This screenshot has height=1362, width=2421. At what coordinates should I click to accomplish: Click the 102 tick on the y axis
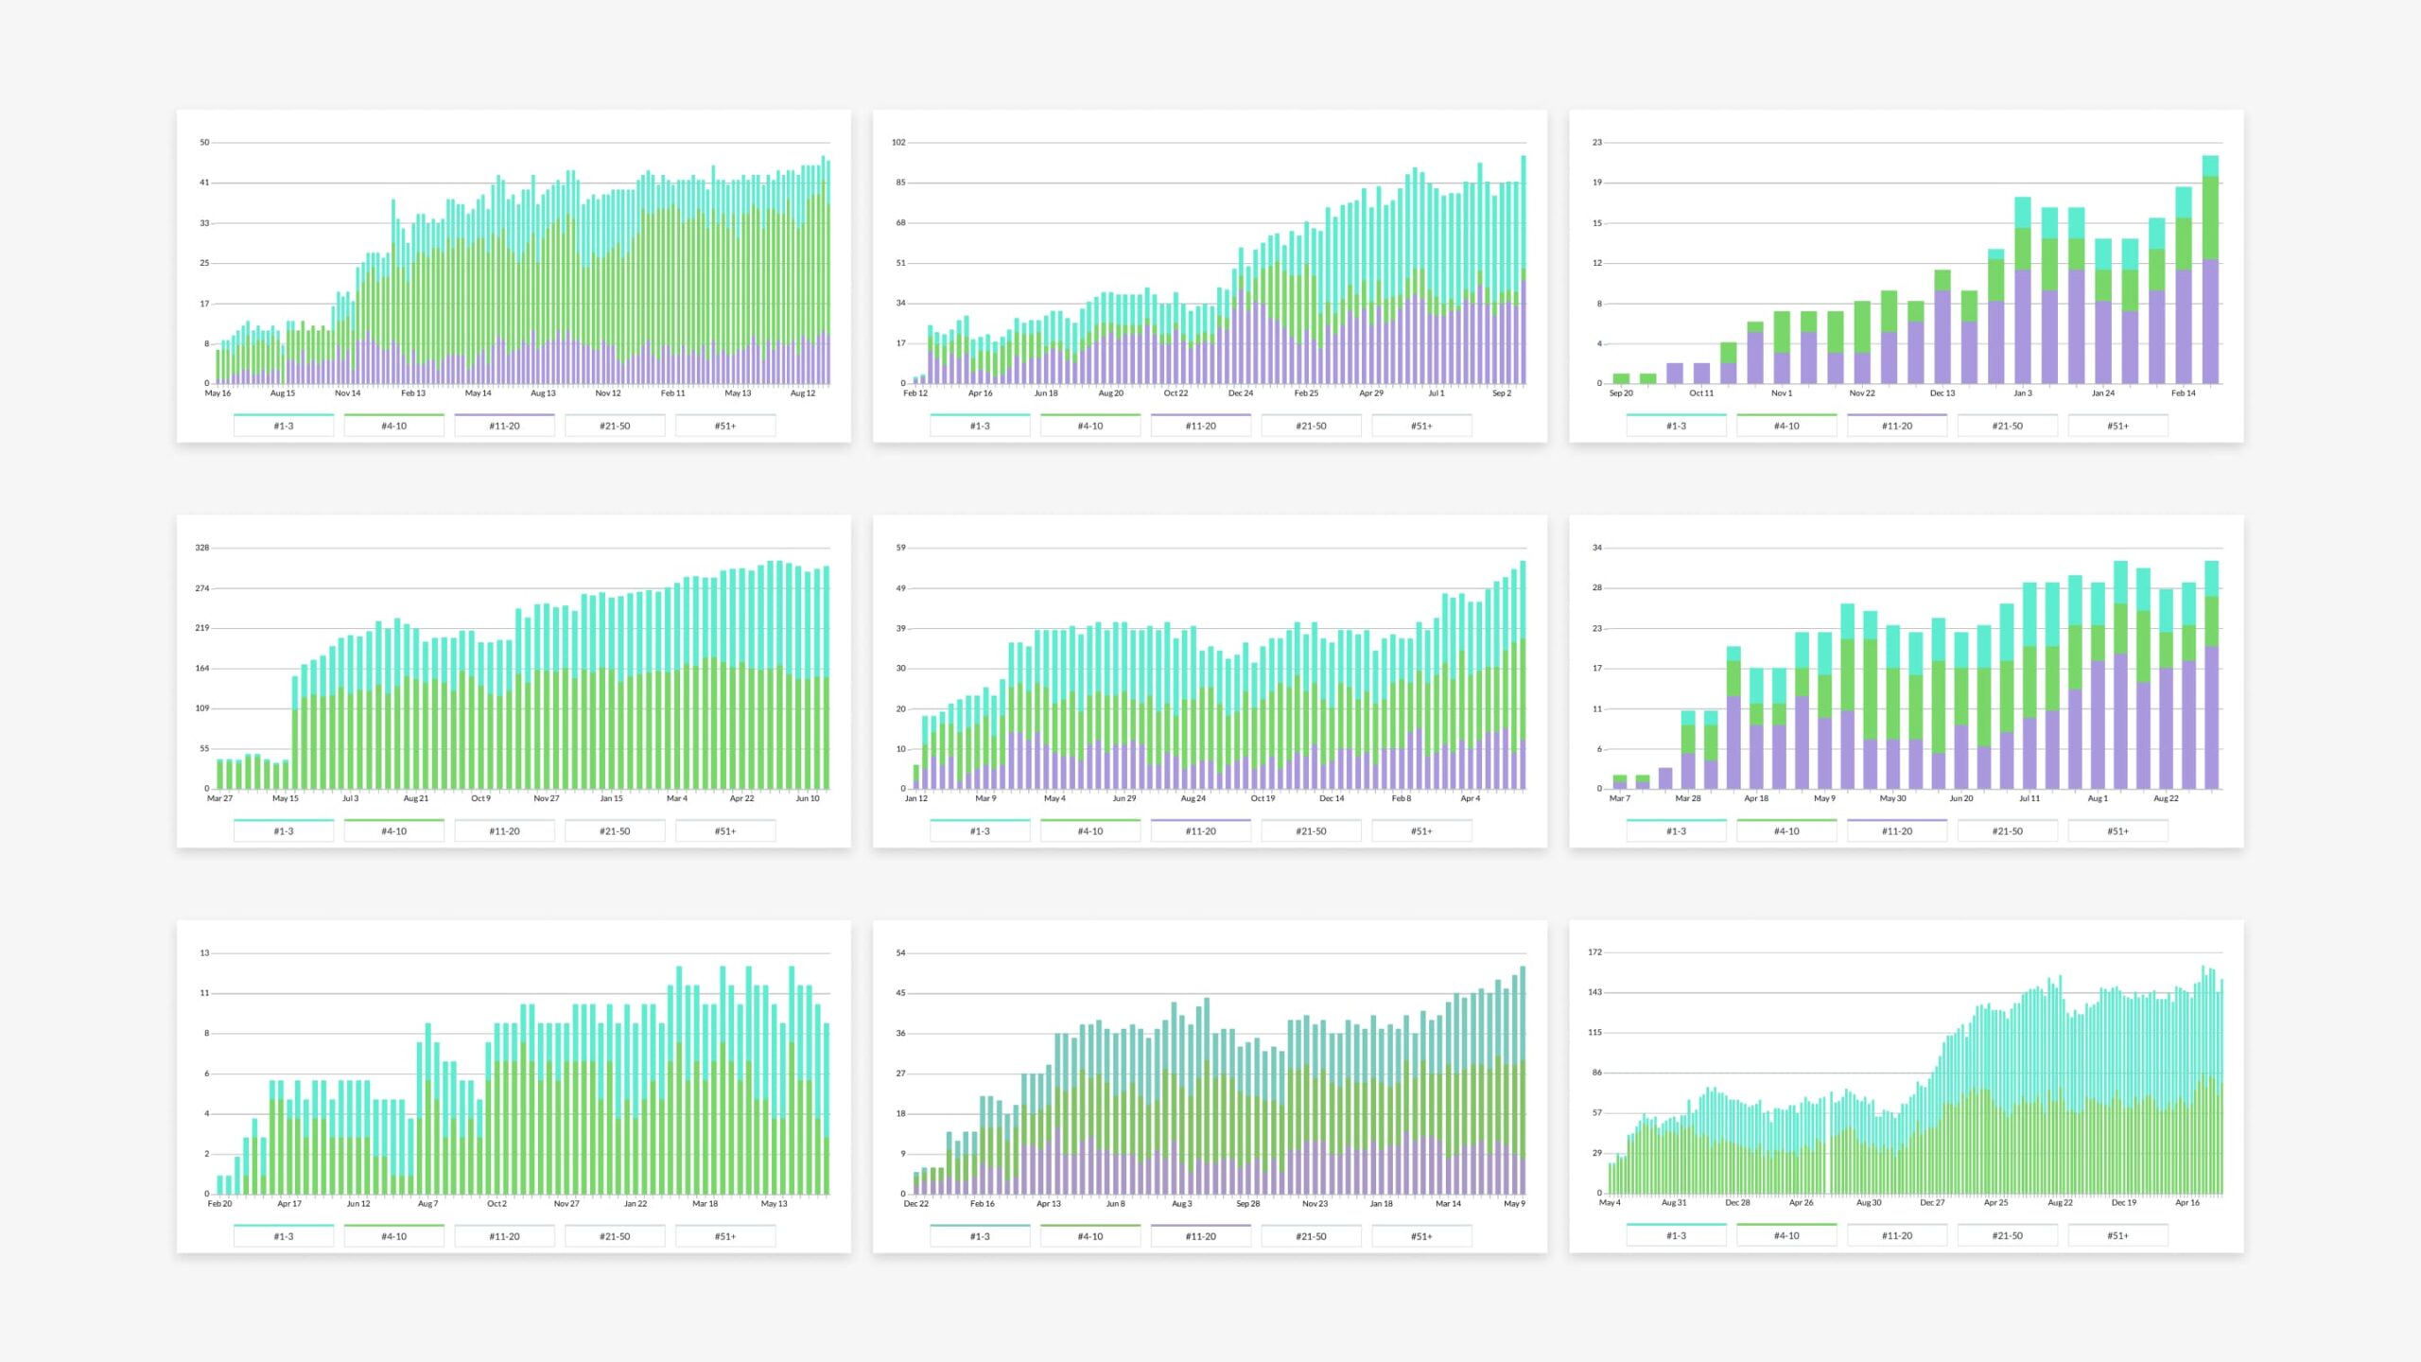(x=898, y=143)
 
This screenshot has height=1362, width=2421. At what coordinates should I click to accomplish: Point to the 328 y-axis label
(x=201, y=548)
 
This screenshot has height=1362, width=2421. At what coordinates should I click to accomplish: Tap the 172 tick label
(x=1594, y=952)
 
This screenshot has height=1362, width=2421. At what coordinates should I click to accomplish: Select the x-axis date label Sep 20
(x=1621, y=393)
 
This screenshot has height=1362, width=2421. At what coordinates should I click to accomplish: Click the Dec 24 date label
(x=1241, y=393)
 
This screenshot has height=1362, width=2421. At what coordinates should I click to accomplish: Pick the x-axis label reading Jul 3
(x=350, y=798)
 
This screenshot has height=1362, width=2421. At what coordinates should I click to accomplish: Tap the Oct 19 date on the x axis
(x=1263, y=798)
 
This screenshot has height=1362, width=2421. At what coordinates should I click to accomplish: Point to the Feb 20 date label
(x=219, y=1204)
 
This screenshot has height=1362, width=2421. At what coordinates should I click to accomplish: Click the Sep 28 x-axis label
(x=1248, y=1204)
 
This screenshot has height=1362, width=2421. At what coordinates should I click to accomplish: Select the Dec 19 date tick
(x=2124, y=1203)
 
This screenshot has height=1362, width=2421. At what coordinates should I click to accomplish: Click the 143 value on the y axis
(x=1594, y=992)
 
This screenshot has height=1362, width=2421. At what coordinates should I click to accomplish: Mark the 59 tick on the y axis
(x=900, y=548)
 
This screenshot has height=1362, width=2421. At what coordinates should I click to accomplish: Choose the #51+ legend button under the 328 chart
(x=725, y=831)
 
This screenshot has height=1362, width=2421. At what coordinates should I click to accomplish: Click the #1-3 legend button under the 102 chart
(x=980, y=426)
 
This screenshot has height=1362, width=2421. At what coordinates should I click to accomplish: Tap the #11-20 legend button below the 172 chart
(x=1897, y=1235)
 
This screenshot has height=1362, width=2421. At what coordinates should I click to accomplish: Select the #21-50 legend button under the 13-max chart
(x=615, y=1236)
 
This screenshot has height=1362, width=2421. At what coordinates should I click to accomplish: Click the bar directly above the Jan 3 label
(x=2023, y=303)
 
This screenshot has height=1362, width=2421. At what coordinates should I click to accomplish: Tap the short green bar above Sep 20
(x=1621, y=378)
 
